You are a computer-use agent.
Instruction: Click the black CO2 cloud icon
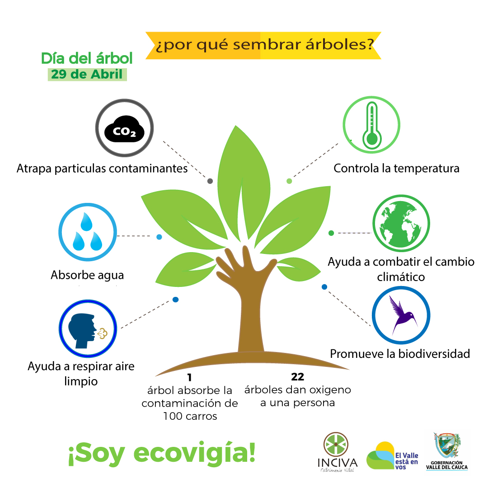(124, 129)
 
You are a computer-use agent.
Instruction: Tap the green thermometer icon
(372, 126)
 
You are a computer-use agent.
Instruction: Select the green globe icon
(401, 224)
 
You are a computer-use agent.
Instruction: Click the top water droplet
(86, 221)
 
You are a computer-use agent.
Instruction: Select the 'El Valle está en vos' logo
(392, 456)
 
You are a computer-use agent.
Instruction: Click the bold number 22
(297, 377)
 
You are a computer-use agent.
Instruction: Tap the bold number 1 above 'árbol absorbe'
(189, 377)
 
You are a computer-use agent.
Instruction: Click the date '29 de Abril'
(87, 75)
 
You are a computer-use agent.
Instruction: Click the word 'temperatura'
(427, 169)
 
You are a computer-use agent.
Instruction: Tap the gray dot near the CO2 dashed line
(210, 181)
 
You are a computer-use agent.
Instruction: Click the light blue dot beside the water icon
(159, 237)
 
